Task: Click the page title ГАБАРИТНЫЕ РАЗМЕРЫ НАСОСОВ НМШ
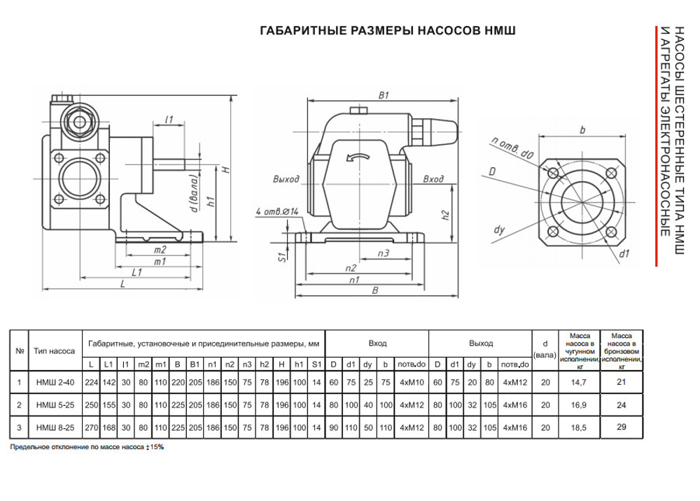pos(388,31)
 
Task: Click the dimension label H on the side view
pos(226,169)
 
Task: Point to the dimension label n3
pos(383,253)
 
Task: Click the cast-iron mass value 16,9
pos(579,404)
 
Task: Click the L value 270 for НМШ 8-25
pos(90,427)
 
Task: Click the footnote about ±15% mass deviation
pos(87,446)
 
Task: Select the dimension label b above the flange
pos(582,129)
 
